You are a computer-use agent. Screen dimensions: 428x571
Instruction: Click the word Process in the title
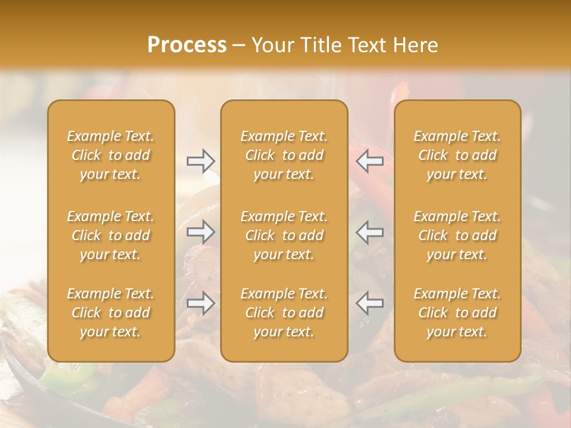[x=187, y=45]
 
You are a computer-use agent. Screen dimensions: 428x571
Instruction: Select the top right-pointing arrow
[x=201, y=160]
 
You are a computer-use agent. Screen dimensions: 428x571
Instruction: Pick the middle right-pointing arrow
[x=201, y=232]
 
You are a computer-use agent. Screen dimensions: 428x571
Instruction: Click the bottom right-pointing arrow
[x=201, y=303]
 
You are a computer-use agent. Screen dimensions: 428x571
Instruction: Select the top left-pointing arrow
[x=369, y=160]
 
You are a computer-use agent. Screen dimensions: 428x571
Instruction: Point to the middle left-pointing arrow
[x=369, y=232]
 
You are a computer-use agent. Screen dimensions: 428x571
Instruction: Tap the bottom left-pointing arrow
[x=369, y=303]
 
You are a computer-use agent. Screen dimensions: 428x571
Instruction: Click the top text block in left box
[x=111, y=155]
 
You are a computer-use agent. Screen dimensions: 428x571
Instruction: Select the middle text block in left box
[x=111, y=235]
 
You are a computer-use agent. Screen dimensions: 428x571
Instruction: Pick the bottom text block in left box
[x=111, y=313]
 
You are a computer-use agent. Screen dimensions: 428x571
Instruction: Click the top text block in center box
[x=284, y=155]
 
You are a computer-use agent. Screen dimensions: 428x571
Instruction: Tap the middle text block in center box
[x=284, y=235]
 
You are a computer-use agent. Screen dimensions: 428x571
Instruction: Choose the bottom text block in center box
[x=284, y=313]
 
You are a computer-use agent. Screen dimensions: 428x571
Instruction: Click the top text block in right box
[x=457, y=155]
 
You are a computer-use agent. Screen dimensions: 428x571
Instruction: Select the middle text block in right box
[x=457, y=235]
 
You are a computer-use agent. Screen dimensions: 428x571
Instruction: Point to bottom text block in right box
[x=457, y=313]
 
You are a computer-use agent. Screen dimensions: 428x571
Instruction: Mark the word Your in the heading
[x=271, y=45]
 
